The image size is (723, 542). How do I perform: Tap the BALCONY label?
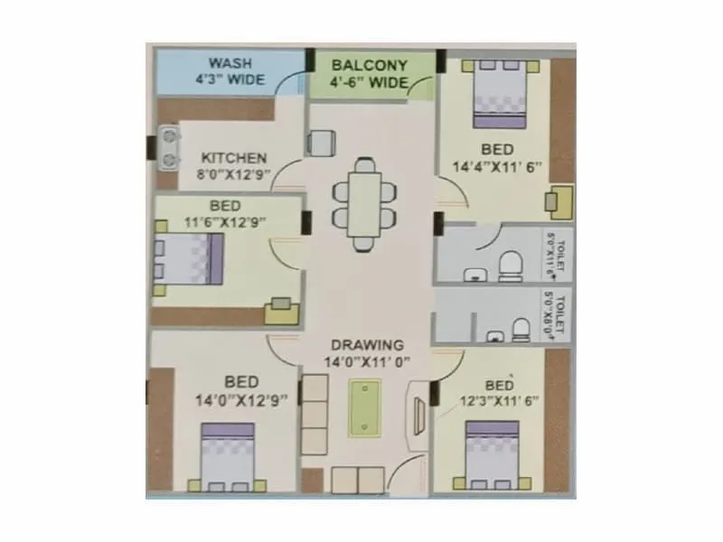tap(370, 66)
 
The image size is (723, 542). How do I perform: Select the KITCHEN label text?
tap(234, 156)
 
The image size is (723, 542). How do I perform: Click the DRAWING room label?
tap(366, 345)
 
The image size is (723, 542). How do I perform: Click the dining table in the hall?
tap(363, 203)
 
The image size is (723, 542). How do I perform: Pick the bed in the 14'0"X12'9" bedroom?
tap(230, 458)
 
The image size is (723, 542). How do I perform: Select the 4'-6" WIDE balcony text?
tap(370, 85)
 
